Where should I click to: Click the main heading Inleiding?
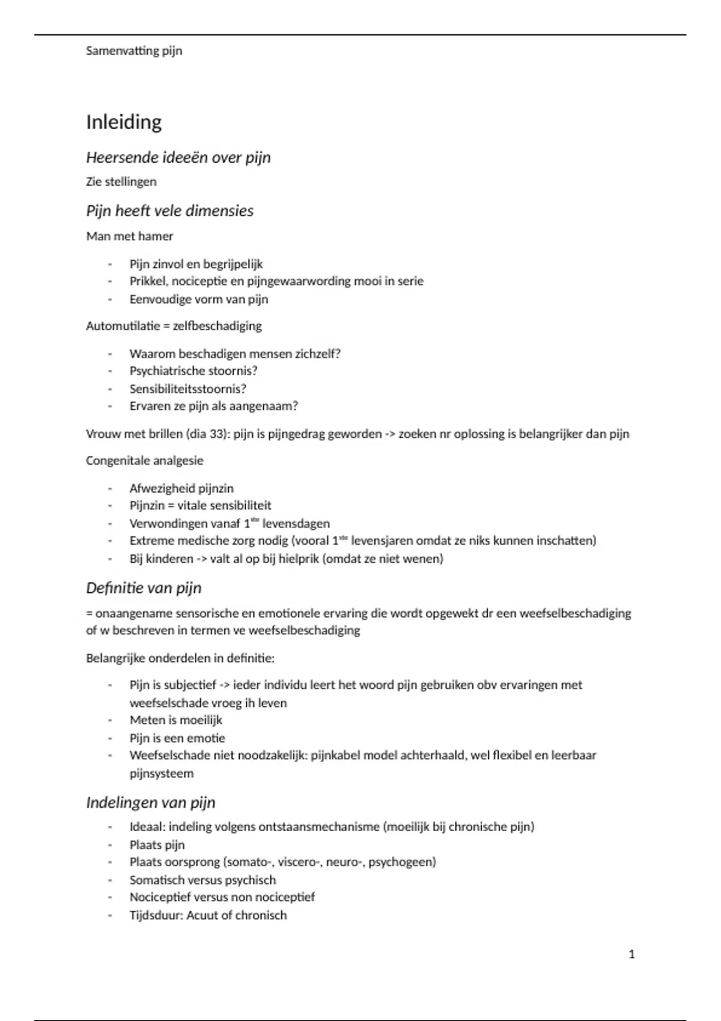click(124, 122)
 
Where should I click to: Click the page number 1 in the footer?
click(631, 954)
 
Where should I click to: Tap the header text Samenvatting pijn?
click(134, 51)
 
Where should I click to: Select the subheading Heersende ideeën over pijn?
click(178, 157)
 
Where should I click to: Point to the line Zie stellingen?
click(121, 181)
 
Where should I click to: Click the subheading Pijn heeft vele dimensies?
click(170, 211)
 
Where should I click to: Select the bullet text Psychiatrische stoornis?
click(193, 371)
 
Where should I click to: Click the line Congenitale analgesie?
click(145, 461)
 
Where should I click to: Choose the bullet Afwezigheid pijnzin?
click(181, 488)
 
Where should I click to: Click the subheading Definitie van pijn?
click(144, 588)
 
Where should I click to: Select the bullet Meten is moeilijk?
click(176, 720)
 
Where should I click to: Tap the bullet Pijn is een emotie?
click(177, 738)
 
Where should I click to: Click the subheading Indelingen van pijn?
click(151, 803)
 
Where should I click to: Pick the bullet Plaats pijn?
click(157, 845)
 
